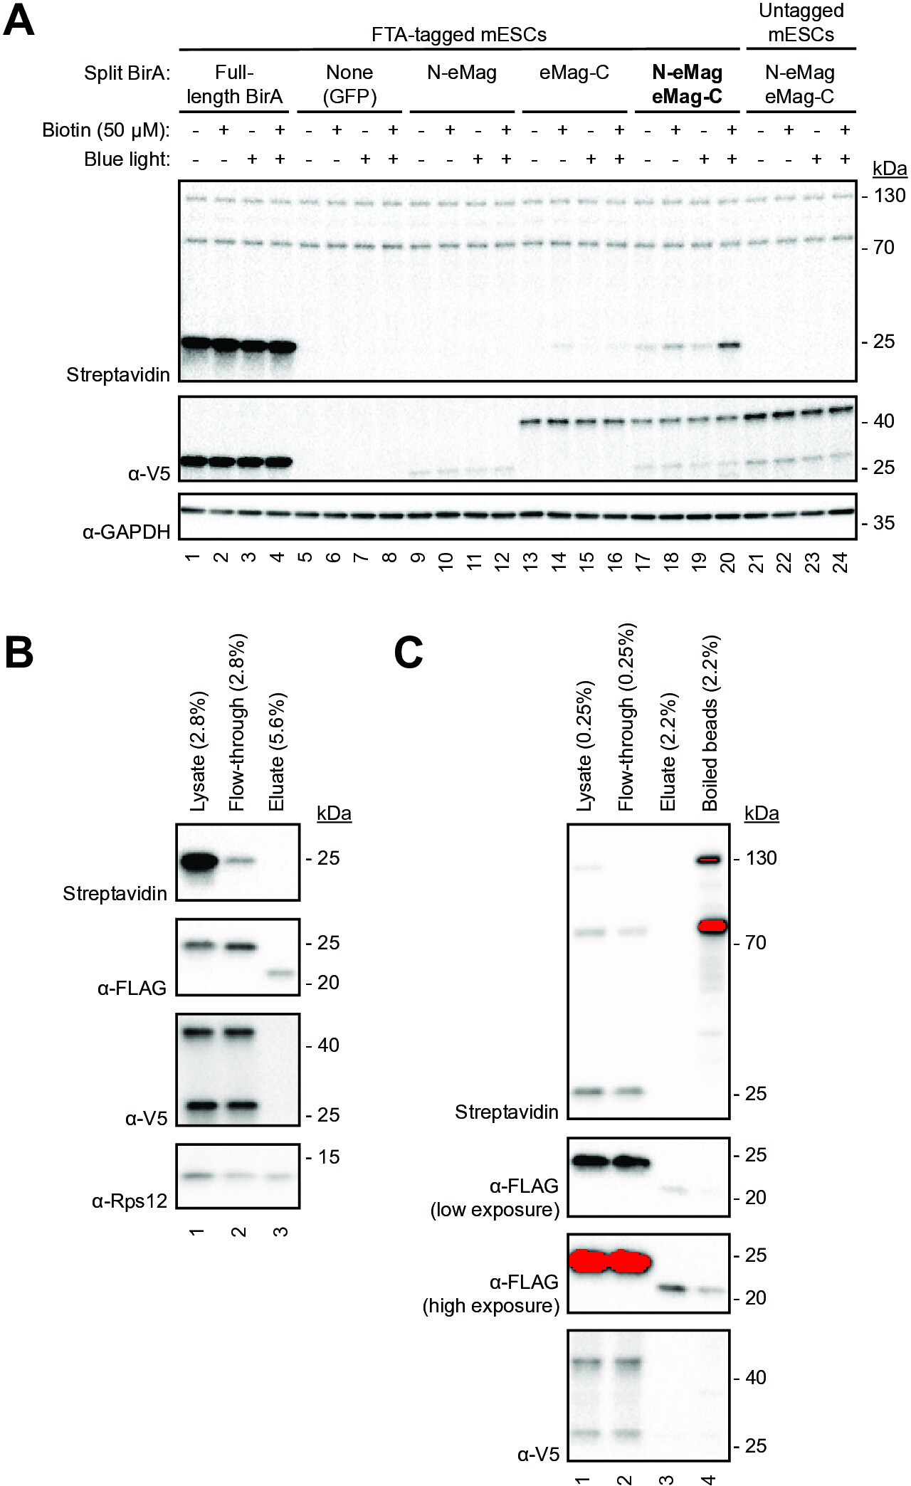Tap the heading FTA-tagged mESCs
[x=459, y=34]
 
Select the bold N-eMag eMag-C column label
[x=687, y=84]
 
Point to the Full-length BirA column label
[x=234, y=84]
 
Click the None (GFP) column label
[x=349, y=84]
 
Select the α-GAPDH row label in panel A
[x=127, y=531]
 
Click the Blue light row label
[x=127, y=159]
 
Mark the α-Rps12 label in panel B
[x=130, y=1201]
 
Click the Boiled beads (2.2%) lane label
[x=710, y=723]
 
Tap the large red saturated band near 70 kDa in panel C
[x=712, y=926]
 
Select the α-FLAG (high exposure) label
[x=491, y=1294]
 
